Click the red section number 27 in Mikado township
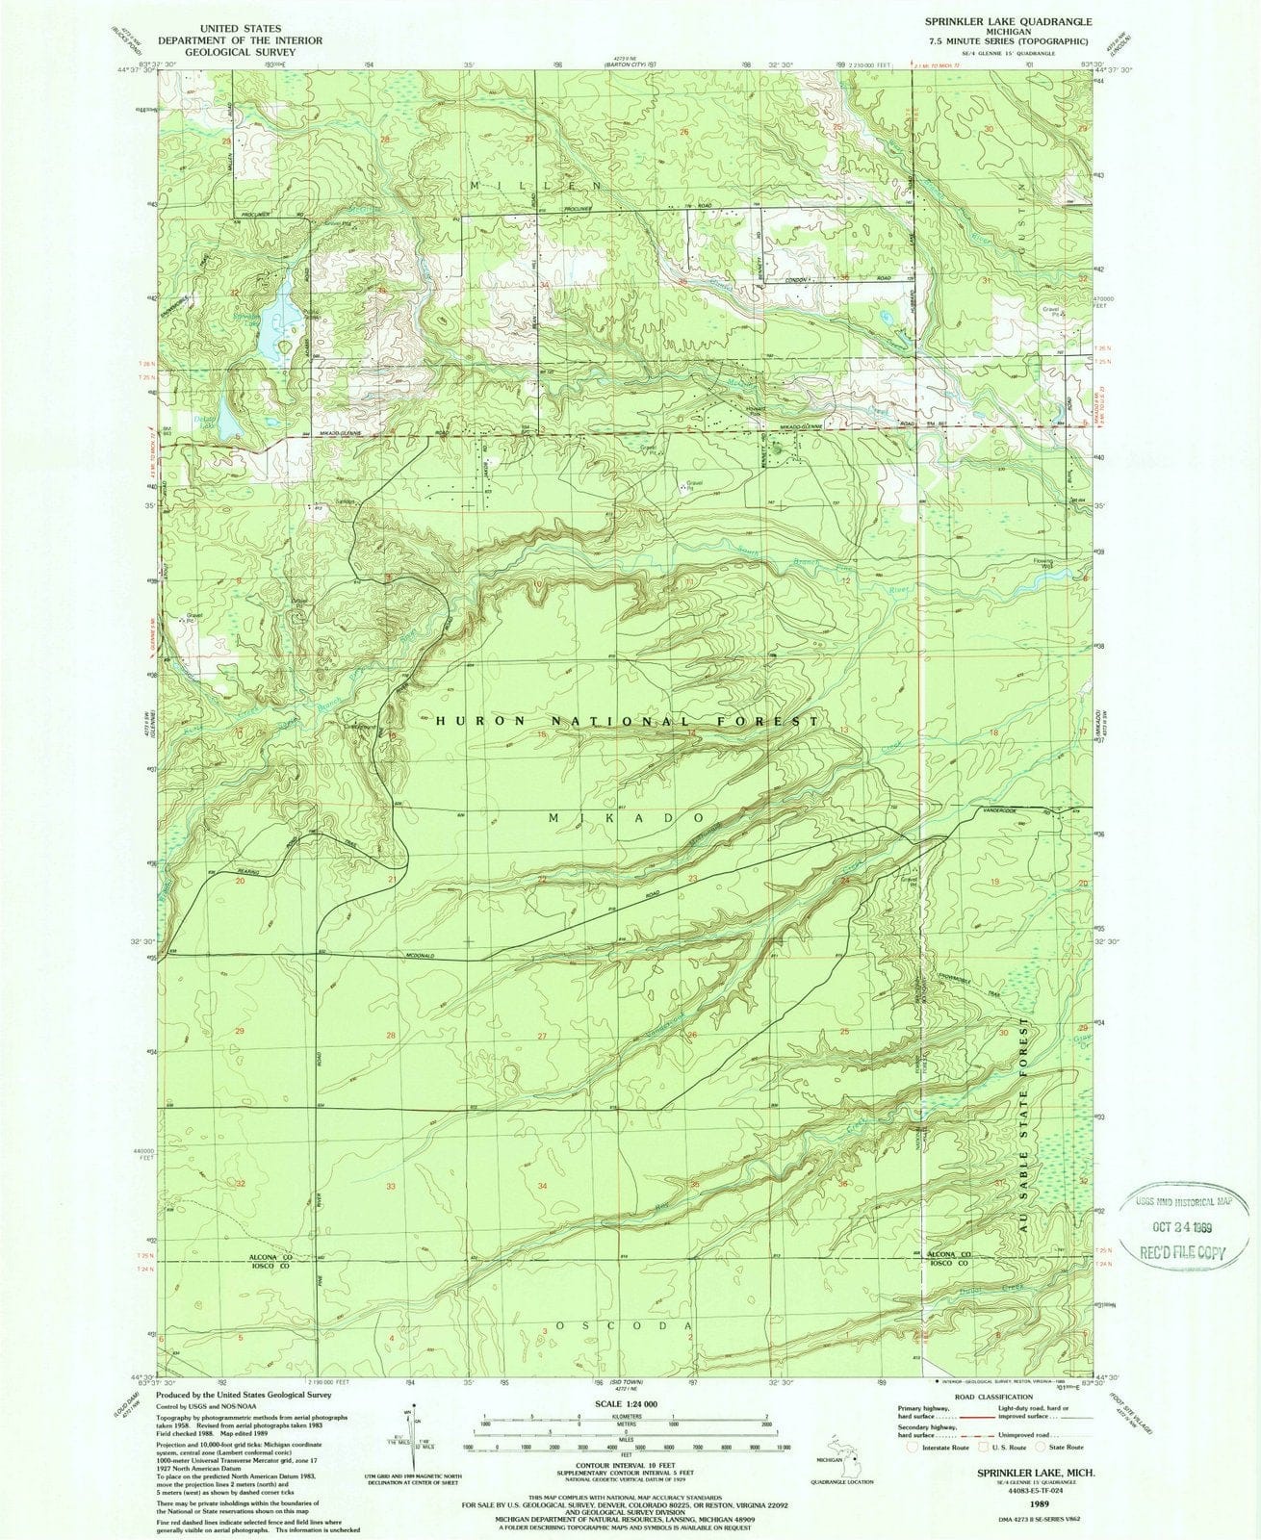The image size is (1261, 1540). pos(543,1036)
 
